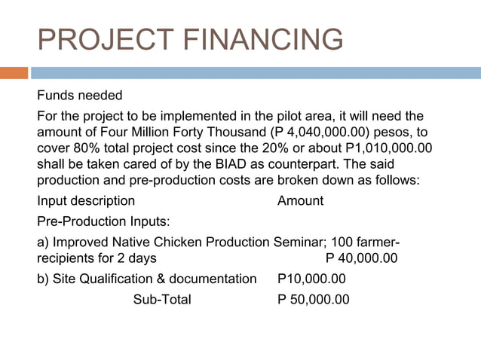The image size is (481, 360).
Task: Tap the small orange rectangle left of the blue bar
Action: click(14, 73)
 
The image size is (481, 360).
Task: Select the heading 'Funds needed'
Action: click(79, 96)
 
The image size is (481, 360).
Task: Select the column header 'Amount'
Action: click(300, 201)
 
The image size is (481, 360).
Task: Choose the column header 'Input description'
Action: click(86, 201)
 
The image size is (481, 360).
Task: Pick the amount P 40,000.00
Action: click(361, 258)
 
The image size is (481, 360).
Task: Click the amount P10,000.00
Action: click(311, 279)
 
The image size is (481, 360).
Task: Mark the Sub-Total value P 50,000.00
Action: click(313, 300)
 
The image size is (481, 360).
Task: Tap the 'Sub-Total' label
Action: click(162, 300)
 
